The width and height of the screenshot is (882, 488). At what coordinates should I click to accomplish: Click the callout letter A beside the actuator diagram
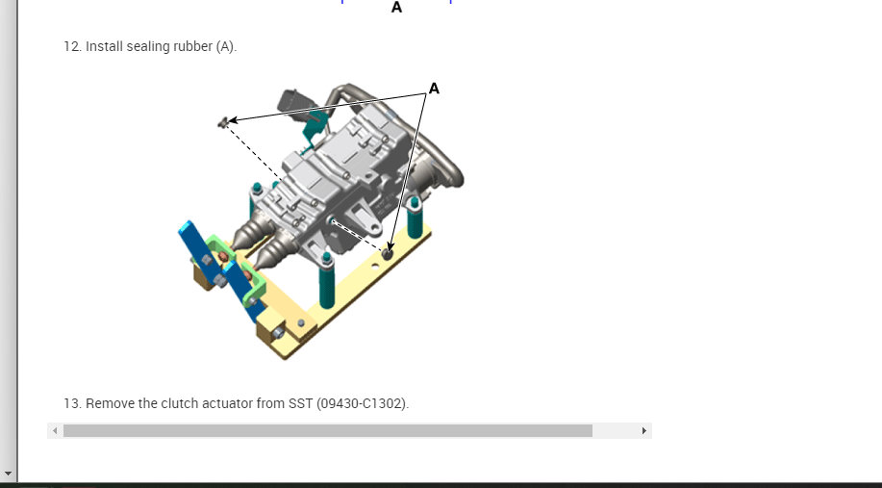tap(434, 89)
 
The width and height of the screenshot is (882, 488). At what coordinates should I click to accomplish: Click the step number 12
tap(72, 46)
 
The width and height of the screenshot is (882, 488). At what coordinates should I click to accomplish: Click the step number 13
tap(72, 403)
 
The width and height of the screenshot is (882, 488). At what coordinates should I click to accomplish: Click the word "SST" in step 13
tap(300, 403)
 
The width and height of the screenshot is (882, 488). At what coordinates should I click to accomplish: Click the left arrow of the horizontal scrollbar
tap(55, 430)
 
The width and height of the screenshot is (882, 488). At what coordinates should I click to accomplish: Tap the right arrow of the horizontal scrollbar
tap(644, 430)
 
